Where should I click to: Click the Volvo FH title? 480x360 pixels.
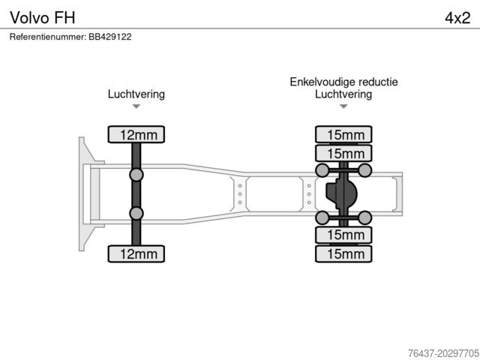(42, 17)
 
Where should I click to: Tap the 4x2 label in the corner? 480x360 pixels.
(457, 17)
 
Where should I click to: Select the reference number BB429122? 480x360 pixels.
(70, 36)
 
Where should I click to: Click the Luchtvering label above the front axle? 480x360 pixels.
(136, 94)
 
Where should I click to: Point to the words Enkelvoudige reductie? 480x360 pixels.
(343, 82)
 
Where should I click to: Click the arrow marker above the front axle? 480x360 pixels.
(136, 107)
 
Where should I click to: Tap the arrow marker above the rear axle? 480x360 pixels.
(343, 107)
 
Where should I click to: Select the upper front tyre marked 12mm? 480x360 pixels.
(136, 135)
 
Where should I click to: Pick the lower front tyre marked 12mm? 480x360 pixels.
(136, 253)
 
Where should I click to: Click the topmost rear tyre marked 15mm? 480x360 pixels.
(343, 135)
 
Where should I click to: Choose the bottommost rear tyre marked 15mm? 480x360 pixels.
(343, 253)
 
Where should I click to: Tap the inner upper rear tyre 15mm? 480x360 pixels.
(343, 154)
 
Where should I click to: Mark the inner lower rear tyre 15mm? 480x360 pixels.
(343, 235)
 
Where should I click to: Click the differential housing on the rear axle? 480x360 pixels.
(342, 194)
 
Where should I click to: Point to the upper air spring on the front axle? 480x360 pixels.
(136, 175)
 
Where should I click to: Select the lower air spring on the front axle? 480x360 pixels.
(136, 214)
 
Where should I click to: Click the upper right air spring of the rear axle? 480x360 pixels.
(365, 171)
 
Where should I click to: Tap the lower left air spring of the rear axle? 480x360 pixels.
(322, 217)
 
